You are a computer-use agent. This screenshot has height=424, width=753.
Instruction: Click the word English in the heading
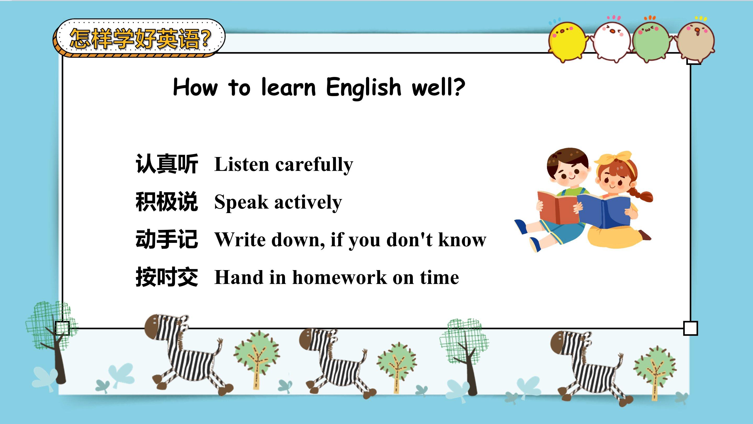(x=364, y=87)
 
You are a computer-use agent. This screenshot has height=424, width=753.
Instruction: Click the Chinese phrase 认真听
(x=167, y=164)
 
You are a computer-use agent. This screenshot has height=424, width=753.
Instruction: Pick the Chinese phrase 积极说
(x=167, y=202)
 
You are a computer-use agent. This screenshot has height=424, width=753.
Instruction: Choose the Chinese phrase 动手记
(x=167, y=239)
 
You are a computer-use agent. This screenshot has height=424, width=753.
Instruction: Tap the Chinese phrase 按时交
(x=167, y=277)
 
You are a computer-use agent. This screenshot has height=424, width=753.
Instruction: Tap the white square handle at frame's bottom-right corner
(x=691, y=328)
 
